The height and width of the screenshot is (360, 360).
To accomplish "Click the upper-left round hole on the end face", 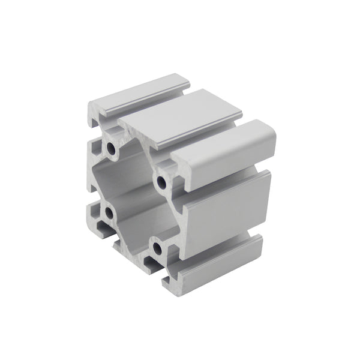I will (x=112, y=146).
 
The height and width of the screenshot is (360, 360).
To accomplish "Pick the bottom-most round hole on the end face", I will (x=157, y=246).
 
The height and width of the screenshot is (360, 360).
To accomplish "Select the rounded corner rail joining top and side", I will (x=228, y=147).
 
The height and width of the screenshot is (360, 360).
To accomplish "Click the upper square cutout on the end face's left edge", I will (x=94, y=147).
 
